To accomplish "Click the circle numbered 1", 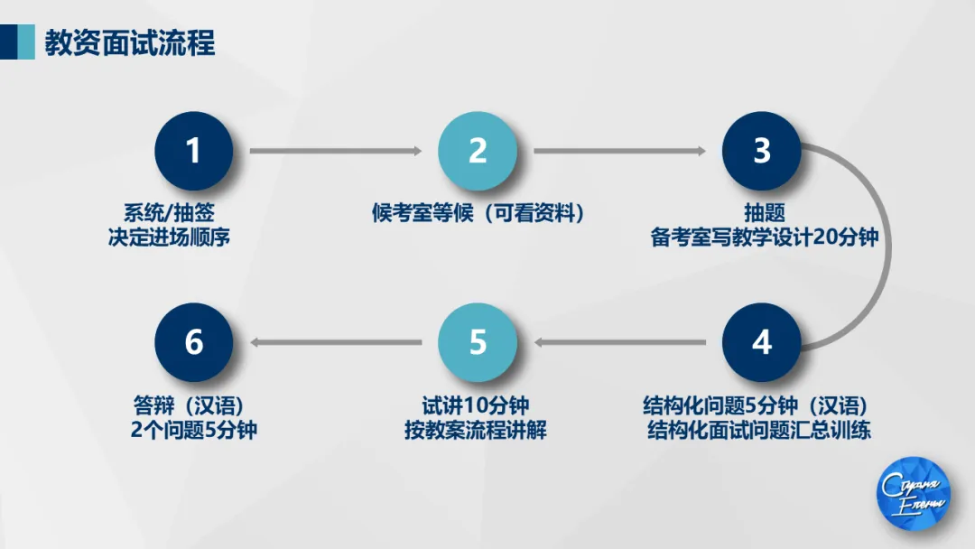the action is click(193, 151).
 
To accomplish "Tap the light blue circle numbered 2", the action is click(478, 151).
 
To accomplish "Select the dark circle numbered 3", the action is click(762, 151).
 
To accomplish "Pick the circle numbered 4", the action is click(762, 342).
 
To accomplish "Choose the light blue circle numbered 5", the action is click(478, 342).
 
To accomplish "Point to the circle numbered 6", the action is click(193, 342).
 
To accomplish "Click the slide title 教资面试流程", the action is click(130, 42).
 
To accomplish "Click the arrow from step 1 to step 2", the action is click(335, 151).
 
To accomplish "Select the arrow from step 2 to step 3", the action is click(619, 151).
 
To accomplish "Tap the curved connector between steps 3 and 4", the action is click(890, 246).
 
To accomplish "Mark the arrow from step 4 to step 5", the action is click(619, 342).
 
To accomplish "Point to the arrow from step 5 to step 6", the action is click(335, 342).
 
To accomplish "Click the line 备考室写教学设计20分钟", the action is click(764, 238).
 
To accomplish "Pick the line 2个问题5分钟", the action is click(193, 430).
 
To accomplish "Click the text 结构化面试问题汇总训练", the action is click(758, 430).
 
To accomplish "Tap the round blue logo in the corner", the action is click(914, 494).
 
